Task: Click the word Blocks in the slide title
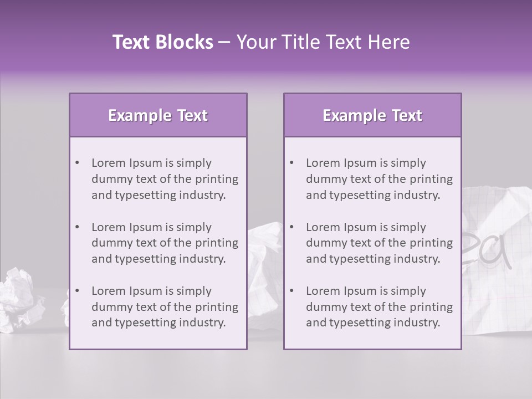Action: (x=184, y=42)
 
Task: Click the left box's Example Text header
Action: (x=158, y=115)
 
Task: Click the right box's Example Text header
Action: (x=372, y=115)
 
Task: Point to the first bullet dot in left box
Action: (x=77, y=163)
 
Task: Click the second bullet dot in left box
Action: (x=77, y=227)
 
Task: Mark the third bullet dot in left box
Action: (x=77, y=291)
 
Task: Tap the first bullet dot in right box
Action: (x=291, y=163)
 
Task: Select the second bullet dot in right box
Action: (x=291, y=227)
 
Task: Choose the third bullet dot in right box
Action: (x=291, y=291)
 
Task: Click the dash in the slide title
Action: (x=224, y=43)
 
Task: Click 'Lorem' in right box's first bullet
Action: (x=323, y=163)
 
